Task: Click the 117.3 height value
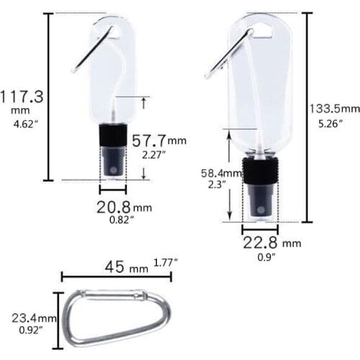(x=21, y=96)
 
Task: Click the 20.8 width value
(x=113, y=207)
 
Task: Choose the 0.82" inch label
(x=119, y=221)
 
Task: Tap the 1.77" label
(x=165, y=261)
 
